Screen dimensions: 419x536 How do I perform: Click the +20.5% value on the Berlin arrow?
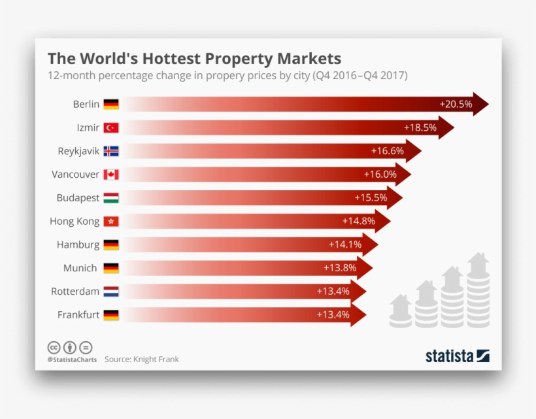click(456, 104)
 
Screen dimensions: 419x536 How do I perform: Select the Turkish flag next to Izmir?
click(111, 127)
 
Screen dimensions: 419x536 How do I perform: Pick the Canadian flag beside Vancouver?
click(111, 175)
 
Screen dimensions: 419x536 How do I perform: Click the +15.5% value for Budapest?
click(371, 197)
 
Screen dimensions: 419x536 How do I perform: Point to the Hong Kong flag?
click(111, 221)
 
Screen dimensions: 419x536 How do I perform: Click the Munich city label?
click(80, 268)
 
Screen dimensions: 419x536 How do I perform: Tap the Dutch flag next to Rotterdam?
click(111, 292)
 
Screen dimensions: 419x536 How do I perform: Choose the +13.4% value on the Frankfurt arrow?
click(333, 314)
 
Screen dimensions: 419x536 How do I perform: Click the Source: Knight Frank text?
click(141, 360)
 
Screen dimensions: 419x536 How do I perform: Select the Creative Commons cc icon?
click(54, 347)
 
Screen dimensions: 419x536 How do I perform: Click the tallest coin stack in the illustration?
click(478, 294)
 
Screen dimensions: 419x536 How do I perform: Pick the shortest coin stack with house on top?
click(400, 312)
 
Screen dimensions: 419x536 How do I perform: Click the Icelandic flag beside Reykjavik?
click(111, 151)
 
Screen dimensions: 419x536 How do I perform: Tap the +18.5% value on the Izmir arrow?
click(420, 127)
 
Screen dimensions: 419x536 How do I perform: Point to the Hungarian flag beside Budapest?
click(111, 197)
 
